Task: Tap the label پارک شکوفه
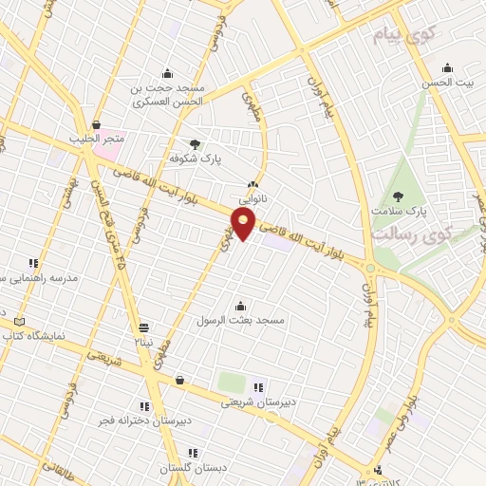point(195,160)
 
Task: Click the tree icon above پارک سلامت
point(397,196)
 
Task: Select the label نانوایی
point(252,199)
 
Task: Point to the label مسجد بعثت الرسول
point(240,320)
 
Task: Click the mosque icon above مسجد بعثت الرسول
point(240,306)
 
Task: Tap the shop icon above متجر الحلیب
point(96,124)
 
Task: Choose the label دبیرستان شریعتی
point(259,402)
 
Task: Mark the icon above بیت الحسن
point(448,68)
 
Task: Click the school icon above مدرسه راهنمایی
point(33,263)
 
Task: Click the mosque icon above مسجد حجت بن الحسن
point(168,74)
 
